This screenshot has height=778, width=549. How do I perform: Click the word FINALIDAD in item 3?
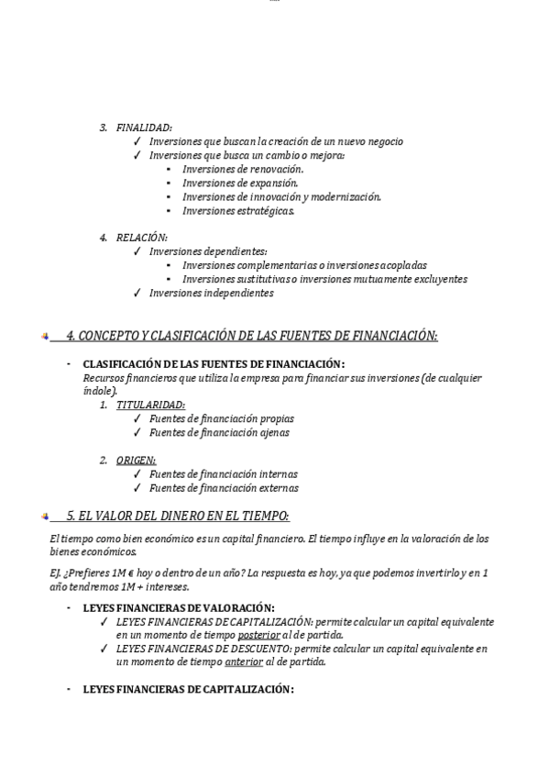[144, 128]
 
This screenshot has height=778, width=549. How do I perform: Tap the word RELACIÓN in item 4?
[141, 238]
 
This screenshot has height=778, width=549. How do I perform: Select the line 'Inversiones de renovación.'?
[243, 169]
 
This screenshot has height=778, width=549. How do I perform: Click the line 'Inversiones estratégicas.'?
[238, 210]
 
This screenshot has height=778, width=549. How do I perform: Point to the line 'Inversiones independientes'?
[211, 294]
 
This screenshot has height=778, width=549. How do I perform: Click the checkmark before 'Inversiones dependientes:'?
[137, 251]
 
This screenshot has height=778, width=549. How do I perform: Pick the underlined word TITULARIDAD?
[150, 405]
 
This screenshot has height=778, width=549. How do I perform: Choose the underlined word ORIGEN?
[136, 460]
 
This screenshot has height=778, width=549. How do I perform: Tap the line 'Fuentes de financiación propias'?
[221, 418]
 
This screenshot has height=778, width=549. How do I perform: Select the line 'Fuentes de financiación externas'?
[224, 488]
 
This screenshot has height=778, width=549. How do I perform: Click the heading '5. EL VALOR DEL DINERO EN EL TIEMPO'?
[178, 516]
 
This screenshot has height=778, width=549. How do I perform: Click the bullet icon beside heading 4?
[45, 337]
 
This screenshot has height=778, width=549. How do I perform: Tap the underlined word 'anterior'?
[243, 662]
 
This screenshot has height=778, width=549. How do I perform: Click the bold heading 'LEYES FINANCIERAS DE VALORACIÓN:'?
[179, 607]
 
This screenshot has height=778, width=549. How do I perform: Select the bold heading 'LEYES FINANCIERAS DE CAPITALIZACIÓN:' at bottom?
[188, 689]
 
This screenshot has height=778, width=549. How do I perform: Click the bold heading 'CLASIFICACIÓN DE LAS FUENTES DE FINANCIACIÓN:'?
[214, 364]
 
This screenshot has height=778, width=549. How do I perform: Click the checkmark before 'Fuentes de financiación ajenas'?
[137, 433]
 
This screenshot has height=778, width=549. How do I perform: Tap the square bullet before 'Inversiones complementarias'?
[170, 266]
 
